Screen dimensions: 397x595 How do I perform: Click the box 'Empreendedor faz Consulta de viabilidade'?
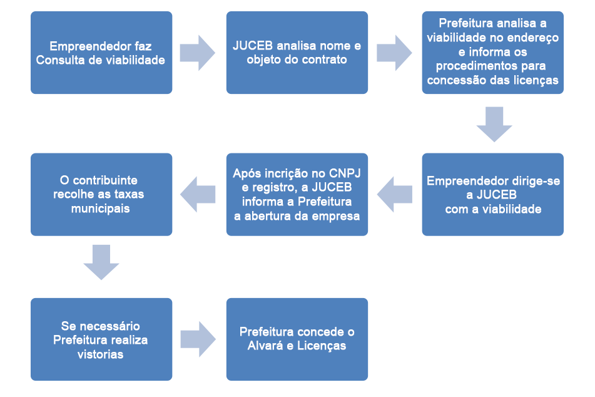tap(101, 53)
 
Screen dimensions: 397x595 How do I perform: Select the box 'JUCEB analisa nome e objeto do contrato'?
tap(297, 53)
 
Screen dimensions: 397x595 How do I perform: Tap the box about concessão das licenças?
tap(492, 53)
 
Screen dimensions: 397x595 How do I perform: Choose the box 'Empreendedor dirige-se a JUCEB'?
tap(492, 194)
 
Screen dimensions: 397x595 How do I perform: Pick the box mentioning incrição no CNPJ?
tap(297, 194)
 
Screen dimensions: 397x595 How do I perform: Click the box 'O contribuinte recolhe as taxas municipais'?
tap(101, 194)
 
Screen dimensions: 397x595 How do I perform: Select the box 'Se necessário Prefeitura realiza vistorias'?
tap(101, 339)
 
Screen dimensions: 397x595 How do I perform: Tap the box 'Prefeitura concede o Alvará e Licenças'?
tap(297, 339)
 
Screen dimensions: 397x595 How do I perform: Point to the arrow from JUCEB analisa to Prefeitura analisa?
tap(395, 53)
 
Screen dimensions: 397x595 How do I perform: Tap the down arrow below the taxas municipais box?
tap(101, 262)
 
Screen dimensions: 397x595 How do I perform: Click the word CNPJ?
tap(342, 173)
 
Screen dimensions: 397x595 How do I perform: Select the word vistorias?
tap(101, 354)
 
